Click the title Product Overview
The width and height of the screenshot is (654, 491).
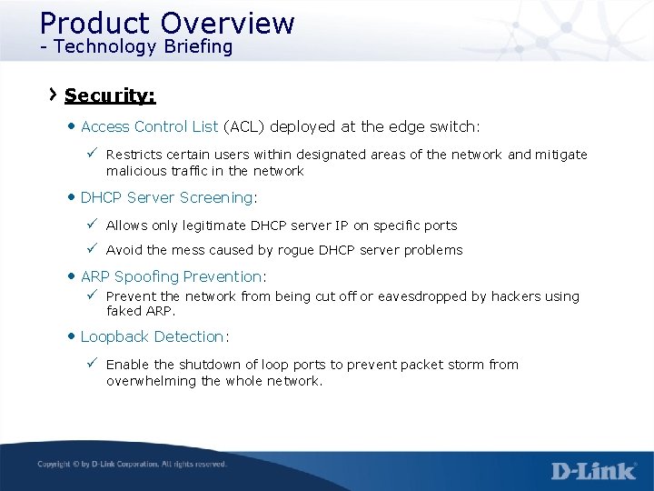click(x=167, y=23)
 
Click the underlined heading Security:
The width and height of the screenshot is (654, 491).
click(x=110, y=95)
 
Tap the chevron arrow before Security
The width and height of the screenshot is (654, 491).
click(x=54, y=94)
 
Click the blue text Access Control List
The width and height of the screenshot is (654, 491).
click(x=149, y=126)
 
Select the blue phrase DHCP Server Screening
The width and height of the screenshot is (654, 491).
click(x=166, y=197)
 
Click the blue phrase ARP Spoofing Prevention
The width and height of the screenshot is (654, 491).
click(x=171, y=276)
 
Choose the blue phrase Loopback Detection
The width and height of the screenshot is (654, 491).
click(x=152, y=336)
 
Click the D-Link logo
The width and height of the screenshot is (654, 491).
click(x=593, y=470)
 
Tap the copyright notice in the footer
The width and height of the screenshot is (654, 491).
click(x=132, y=465)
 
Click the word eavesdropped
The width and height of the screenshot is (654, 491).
click(x=426, y=296)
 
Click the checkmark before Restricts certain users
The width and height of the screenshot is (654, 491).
click(x=93, y=154)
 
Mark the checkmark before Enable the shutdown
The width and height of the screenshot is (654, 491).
click(x=93, y=364)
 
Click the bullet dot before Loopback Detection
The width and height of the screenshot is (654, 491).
click(x=72, y=336)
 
